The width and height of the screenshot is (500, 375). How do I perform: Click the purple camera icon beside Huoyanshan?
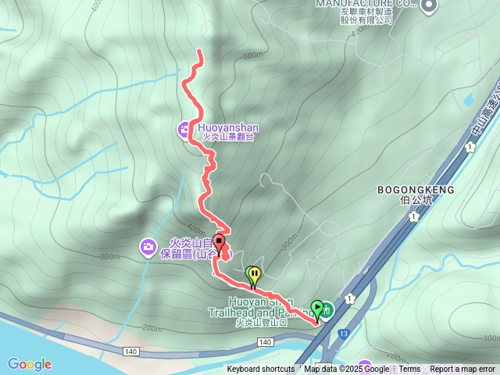[186, 129]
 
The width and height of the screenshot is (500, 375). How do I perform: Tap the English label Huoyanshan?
[228, 127]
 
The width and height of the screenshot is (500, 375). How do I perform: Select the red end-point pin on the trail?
[220, 242]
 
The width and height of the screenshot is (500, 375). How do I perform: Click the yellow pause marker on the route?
[254, 274]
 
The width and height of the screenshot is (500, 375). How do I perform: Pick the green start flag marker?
[316, 308]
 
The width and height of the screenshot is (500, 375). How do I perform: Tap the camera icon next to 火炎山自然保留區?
[148, 248]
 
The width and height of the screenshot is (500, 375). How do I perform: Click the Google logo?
[30, 364]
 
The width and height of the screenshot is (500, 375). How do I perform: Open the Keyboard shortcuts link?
[261, 370]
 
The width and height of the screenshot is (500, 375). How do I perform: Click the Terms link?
[409, 370]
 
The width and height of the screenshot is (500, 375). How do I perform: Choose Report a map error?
[462, 370]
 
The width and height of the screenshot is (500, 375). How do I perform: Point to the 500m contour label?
[253, 55]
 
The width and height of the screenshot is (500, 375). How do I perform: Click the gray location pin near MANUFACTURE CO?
[428, 6]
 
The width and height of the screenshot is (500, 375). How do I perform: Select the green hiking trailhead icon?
[327, 310]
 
